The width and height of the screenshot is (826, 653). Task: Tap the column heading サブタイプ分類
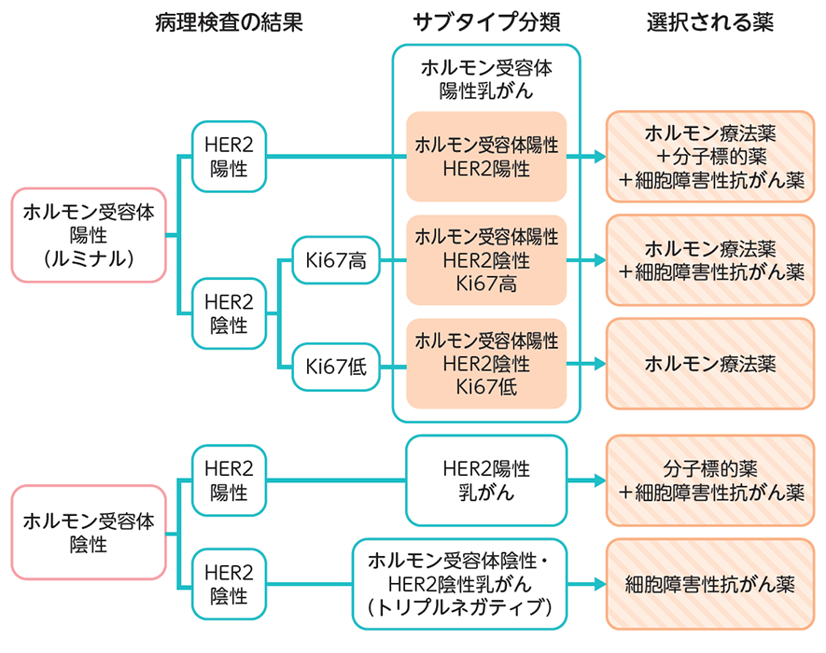pos(485,23)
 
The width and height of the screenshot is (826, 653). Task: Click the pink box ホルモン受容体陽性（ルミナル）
pos(89,235)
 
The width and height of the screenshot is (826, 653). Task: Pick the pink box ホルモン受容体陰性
pos(89,532)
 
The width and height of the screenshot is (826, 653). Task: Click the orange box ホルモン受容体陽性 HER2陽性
pos(486,157)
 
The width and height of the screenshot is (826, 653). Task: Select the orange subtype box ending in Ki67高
pos(486,260)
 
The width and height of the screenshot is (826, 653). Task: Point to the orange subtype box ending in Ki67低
pos(486,363)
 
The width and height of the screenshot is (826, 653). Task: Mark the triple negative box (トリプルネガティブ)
pos(459,585)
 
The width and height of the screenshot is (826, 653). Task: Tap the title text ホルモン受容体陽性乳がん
pos(486,78)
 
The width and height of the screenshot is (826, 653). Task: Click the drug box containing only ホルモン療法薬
pos(710,363)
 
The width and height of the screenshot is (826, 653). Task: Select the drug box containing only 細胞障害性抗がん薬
pos(710,585)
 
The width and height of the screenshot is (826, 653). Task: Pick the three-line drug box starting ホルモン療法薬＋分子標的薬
pos(710,157)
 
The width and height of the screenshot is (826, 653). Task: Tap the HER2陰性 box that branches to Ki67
pos(229,314)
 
